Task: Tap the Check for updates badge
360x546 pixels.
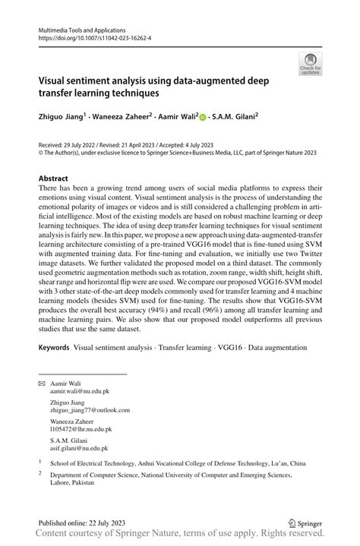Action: [310, 65]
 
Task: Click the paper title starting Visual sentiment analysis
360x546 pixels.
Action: [159, 87]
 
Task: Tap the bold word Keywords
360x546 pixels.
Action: [55, 347]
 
